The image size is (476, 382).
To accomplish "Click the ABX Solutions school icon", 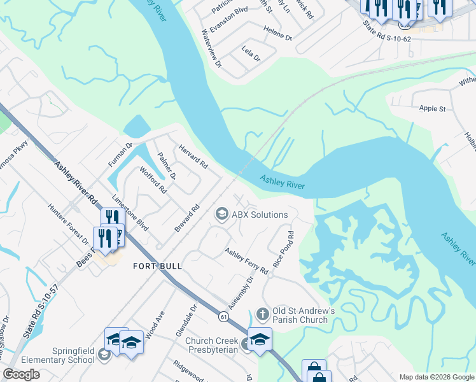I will [x=221, y=215].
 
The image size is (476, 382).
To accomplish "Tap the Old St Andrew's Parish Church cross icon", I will [x=262, y=314].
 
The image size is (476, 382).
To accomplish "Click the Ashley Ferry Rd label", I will [x=246, y=261].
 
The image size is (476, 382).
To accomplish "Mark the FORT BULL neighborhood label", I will [x=157, y=265].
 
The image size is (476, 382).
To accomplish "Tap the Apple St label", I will [x=432, y=109].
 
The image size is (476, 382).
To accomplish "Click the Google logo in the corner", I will [x=22, y=374].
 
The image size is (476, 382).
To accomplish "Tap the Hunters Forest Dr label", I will [x=68, y=225].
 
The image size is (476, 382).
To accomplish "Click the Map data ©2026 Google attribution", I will [x=435, y=376].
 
